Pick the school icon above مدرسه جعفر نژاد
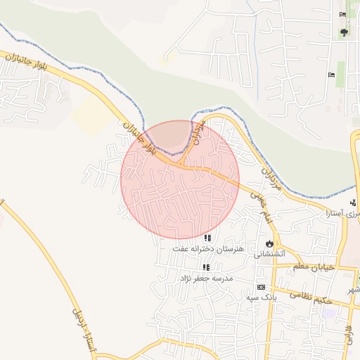[206, 268]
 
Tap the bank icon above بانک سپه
[261, 288]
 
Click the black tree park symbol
[344, 32]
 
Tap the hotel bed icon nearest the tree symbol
[342, 15]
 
